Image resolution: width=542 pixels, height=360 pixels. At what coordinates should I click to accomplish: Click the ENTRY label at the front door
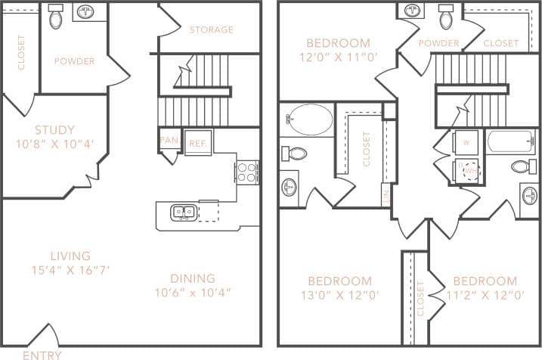tap(42, 354)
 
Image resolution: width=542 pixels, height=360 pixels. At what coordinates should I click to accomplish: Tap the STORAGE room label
tap(211, 30)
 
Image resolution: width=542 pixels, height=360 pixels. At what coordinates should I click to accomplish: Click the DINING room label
tap(193, 278)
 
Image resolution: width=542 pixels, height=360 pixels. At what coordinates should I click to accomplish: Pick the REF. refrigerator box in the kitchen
tap(197, 143)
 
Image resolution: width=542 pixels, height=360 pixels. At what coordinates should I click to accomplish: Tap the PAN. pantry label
tap(169, 140)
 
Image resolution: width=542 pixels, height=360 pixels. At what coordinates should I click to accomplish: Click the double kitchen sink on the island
tap(183, 212)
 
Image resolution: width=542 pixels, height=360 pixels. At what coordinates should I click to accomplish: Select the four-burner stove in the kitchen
tap(247, 172)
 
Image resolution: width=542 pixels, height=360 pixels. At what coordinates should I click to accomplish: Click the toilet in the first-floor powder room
tap(57, 17)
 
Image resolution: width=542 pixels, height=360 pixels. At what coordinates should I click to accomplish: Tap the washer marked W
tap(466, 142)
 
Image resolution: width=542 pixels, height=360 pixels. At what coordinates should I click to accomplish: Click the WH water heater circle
tap(472, 172)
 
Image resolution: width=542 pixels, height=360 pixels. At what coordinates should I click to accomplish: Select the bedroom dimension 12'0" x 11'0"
tap(338, 57)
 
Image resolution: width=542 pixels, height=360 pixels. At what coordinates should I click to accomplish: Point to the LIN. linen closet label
tap(386, 195)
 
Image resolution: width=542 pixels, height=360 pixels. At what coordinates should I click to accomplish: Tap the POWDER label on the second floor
tap(438, 43)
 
